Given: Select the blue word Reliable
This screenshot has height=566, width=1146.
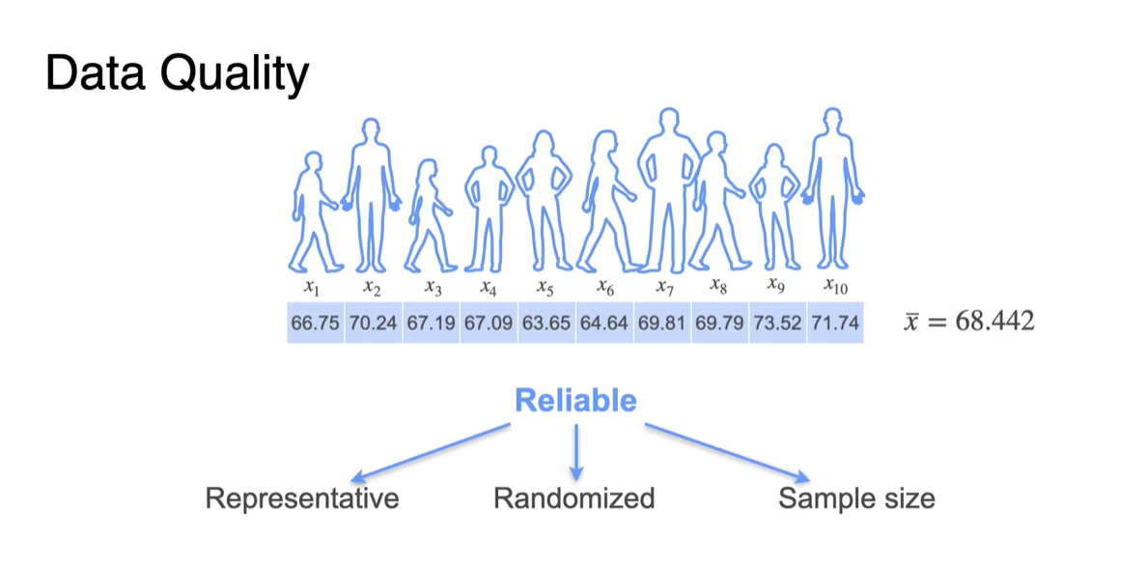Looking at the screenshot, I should click(575, 400).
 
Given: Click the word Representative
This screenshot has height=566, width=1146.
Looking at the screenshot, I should click(302, 498).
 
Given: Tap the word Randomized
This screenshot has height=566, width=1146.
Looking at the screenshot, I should click(574, 498).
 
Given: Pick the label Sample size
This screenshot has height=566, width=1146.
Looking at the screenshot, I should click(856, 498).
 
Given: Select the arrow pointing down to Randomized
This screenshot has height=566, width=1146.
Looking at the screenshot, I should click(576, 451).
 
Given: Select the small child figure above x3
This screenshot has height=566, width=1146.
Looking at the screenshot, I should click(426, 217).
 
